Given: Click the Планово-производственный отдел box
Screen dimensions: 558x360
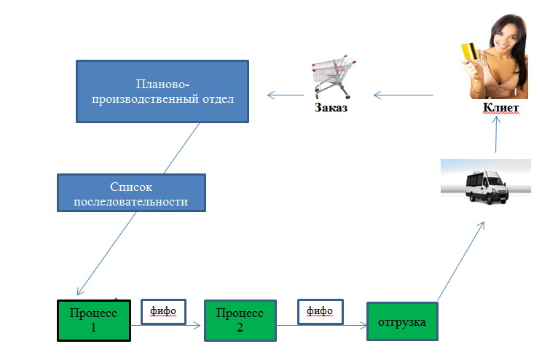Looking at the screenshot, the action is (162, 92).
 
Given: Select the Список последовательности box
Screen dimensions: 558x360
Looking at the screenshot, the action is (131, 193).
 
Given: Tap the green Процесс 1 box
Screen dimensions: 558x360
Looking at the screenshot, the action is (94, 321).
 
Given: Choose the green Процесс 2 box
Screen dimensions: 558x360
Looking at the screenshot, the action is (240, 321).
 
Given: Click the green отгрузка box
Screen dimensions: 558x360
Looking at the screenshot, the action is (402, 321).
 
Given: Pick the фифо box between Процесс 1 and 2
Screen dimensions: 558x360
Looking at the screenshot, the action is (163, 312).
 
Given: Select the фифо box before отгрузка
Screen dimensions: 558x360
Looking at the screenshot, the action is (321, 312).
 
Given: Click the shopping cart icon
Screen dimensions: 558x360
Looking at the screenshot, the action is (334, 77).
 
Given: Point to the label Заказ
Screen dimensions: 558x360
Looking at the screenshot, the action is (331, 107).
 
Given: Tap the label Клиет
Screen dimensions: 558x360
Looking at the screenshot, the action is (500, 107).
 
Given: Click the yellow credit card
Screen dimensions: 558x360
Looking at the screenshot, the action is (469, 51).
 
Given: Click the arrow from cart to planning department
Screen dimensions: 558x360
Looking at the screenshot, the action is (286, 95).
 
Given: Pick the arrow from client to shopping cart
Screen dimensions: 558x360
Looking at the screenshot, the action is (403, 95).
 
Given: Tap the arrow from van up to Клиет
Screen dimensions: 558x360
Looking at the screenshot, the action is (496, 135).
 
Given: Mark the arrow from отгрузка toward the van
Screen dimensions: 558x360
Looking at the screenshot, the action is (461, 261).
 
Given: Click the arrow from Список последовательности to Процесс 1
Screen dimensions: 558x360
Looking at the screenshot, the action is (106, 254).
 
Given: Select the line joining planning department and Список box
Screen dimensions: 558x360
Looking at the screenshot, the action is (181, 148).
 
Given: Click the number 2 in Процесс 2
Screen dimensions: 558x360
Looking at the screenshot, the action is (240, 327).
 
